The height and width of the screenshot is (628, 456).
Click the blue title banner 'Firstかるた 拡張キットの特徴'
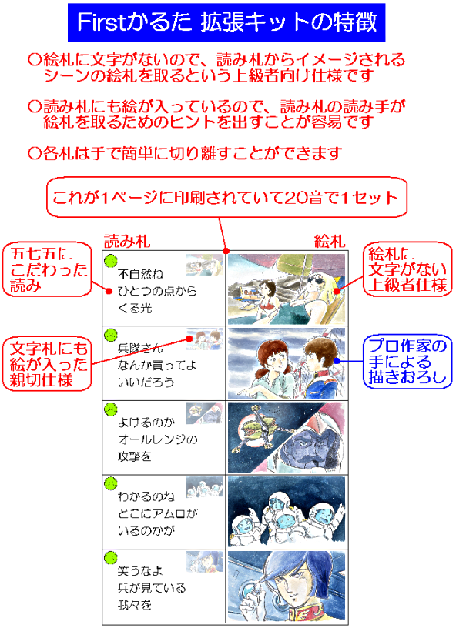coord(226,22)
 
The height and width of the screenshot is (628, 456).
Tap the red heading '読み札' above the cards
coord(127,241)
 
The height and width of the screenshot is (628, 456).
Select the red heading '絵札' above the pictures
coord(330,241)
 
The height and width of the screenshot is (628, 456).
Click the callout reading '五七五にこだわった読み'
coord(47,269)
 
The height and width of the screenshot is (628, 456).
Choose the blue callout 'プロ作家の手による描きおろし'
coord(407,362)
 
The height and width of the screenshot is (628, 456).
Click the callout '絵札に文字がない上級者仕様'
coord(407,269)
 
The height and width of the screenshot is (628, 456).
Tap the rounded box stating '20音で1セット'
coord(226,198)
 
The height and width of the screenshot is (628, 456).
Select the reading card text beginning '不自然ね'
coord(157,291)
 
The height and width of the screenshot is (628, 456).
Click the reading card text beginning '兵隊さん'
coord(157,366)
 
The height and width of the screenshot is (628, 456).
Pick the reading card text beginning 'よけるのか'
coord(157,439)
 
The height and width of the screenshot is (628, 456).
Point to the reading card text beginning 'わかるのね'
coord(157,513)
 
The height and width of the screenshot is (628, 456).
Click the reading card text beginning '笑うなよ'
coord(152,587)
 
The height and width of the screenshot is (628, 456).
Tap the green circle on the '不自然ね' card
coord(111,261)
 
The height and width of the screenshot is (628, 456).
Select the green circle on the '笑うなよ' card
coord(111,557)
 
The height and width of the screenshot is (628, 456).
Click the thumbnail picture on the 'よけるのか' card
coord(205,413)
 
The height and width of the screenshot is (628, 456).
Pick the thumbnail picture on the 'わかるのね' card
coord(205,487)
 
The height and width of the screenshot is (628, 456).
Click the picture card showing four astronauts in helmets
coord(287,512)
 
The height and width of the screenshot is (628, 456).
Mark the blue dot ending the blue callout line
coord(337,361)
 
